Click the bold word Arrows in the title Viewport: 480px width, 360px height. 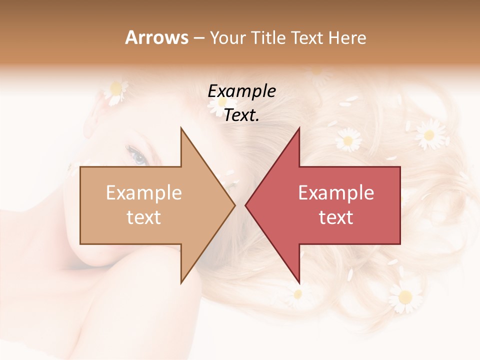coord(156,37)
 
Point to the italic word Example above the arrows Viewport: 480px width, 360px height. coord(241,91)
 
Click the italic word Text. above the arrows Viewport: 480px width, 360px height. coord(241,115)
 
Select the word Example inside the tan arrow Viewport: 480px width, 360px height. coord(144,193)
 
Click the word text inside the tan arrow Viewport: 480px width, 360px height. coord(144,217)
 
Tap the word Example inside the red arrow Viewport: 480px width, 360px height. coord(336,193)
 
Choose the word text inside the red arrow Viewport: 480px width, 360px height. coord(336,217)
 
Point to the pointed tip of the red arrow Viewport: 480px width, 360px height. coord(246,205)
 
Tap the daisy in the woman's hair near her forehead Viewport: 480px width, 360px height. coord(116,91)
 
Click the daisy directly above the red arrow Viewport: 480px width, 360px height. coord(348,138)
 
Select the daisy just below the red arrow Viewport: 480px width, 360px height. coord(298,293)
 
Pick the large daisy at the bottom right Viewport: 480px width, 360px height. coord(405,296)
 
